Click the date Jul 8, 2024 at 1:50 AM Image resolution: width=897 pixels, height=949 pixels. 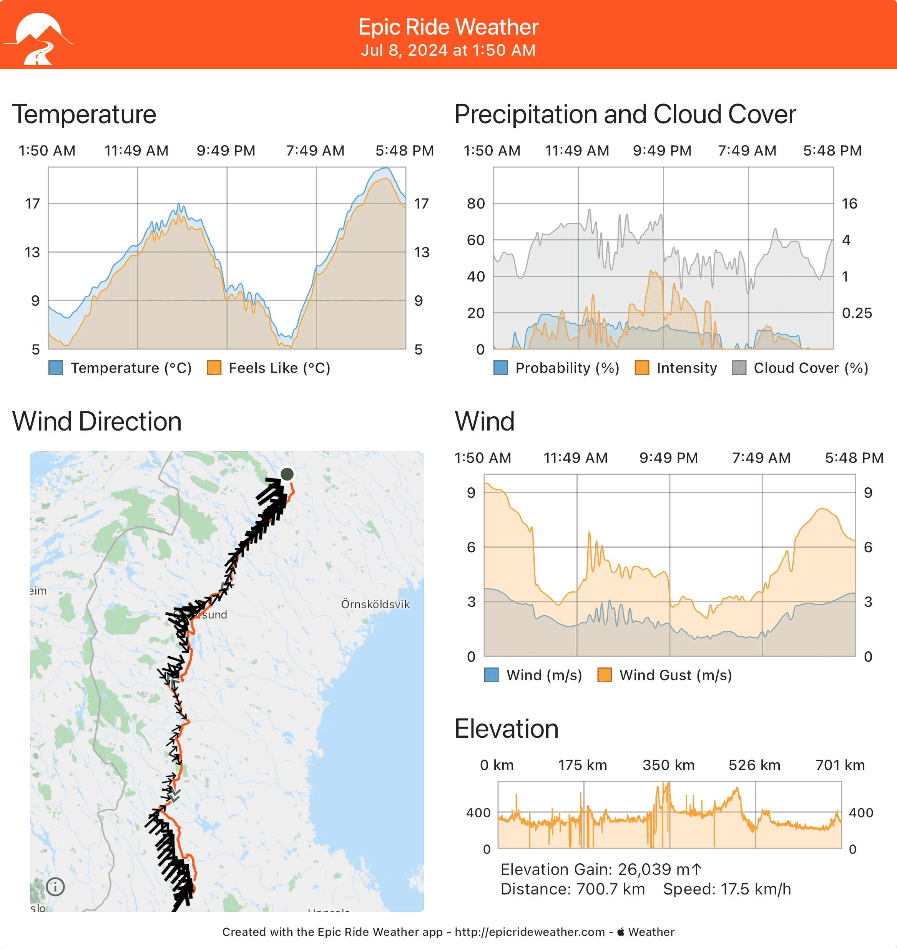[x=448, y=50]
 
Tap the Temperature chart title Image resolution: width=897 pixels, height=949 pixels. [x=84, y=115]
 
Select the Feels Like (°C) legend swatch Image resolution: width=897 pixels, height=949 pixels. [x=214, y=368]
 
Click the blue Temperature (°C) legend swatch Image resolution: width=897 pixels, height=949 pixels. [x=56, y=368]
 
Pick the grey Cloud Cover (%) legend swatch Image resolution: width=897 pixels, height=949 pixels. [x=739, y=368]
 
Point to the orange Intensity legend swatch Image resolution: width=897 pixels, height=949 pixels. [x=642, y=368]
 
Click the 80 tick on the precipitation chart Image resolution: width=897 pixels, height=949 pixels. [x=476, y=204]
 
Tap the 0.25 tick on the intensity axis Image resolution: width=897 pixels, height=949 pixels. [x=857, y=313]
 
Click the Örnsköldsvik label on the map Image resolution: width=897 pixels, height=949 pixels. [x=375, y=605]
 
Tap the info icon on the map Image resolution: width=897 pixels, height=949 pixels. [x=55, y=887]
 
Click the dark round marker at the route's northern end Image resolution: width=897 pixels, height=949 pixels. [x=287, y=474]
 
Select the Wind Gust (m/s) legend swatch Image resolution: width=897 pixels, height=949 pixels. [x=605, y=675]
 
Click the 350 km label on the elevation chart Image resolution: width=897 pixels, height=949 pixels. [x=668, y=765]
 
